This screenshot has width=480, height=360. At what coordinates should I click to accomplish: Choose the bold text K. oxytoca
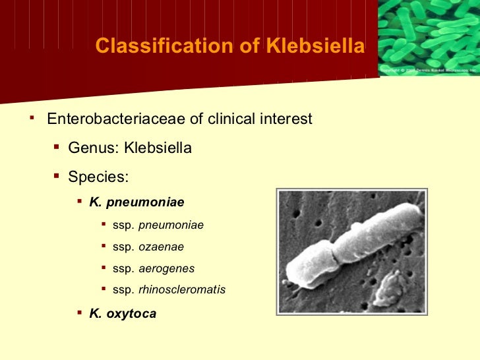pyautogui.click(x=123, y=313)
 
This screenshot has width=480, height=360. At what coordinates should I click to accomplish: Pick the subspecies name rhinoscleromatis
pyautogui.click(x=181, y=289)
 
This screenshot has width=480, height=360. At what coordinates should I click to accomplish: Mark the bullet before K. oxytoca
pyautogui.click(x=79, y=313)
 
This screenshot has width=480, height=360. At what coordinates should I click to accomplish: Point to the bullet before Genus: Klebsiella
pyautogui.click(x=56, y=147)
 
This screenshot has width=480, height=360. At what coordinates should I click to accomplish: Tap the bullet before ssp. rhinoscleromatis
pyautogui.click(x=104, y=289)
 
